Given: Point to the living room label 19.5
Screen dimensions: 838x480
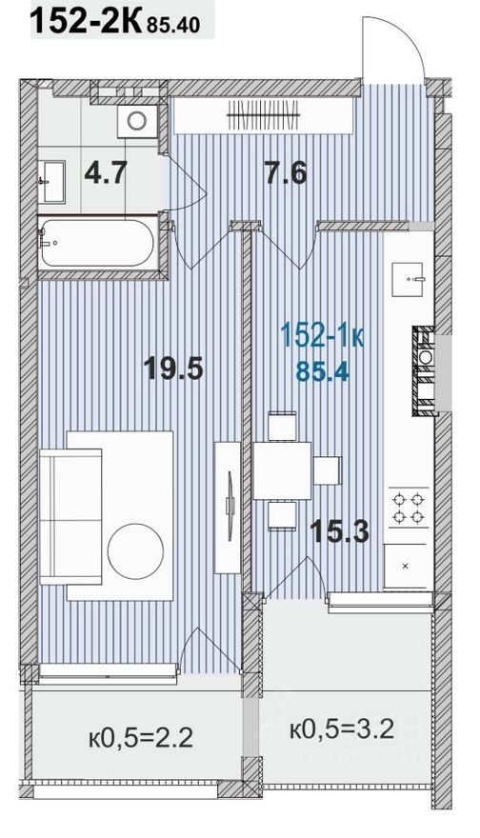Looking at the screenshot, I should (x=173, y=367).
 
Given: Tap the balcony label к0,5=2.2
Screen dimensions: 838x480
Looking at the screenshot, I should (x=141, y=736).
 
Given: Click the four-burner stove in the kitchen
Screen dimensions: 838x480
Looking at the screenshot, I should (x=409, y=507).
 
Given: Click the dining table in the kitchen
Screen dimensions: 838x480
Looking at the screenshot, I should (x=283, y=470).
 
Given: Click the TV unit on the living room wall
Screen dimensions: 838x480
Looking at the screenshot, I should (x=229, y=507).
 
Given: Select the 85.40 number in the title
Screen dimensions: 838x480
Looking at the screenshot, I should (x=173, y=25).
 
